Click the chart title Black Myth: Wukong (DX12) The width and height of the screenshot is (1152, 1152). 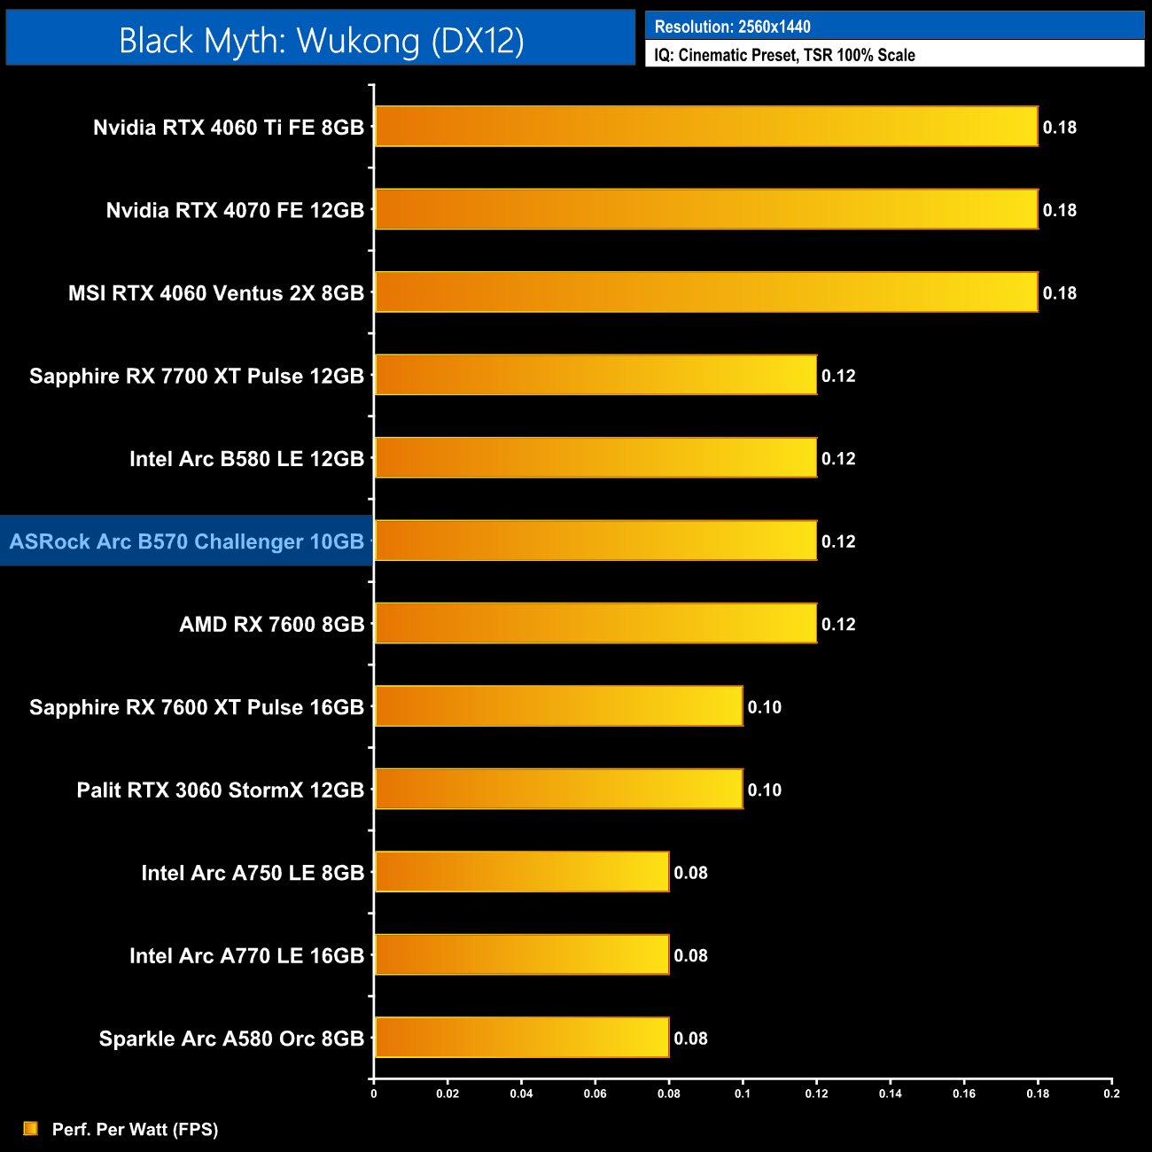(321, 41)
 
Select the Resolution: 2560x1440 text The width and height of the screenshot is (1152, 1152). (732, 27)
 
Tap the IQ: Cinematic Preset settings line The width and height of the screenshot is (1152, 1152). (784, 55)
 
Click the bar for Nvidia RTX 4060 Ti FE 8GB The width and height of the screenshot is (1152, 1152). (705, 127)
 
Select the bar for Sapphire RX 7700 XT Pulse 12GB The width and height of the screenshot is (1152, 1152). (595, 375)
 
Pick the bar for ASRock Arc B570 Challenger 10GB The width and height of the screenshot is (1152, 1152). (595, 541)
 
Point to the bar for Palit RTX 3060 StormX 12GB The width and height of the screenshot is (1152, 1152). (558, 789)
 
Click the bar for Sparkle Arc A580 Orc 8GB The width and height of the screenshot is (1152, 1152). (521, 1038)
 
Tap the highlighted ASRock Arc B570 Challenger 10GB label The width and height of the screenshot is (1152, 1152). (187, 541)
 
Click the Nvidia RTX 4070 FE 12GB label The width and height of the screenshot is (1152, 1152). (235, 210)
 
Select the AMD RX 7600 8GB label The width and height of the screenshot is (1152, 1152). (272, 625)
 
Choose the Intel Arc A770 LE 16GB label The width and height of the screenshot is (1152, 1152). (246, 956)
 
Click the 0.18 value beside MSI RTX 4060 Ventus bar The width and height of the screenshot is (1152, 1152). (1059, 293)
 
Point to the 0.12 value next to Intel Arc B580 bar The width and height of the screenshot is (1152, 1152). (838, 459)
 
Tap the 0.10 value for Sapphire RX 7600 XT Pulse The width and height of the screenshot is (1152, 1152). (764, 707)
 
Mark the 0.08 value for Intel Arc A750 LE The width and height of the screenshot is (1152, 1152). (690, 873)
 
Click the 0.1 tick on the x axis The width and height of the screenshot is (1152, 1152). (743, 1094)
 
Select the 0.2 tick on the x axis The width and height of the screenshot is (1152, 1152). (1111, 1094)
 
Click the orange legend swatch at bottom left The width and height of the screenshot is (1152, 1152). (30, 1128)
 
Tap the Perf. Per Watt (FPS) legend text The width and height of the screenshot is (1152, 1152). (135, 1129)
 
